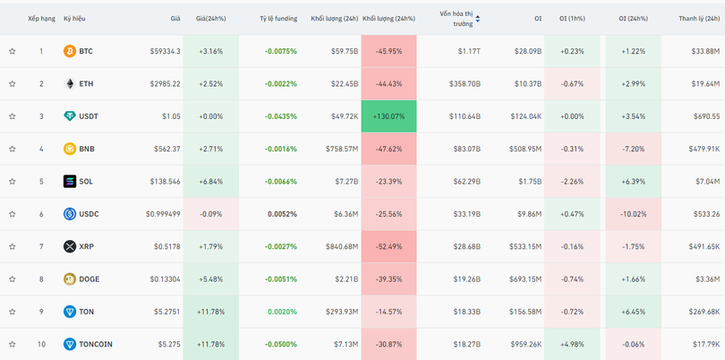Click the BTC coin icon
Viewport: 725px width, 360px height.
[x=70, y=51]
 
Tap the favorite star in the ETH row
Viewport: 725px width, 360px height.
[x=13, y=84]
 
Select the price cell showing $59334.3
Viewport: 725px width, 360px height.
[x=165, y=51]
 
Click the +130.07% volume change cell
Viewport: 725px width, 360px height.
[x=389, y=116]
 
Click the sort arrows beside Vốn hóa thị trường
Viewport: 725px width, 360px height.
[x=478, y=18]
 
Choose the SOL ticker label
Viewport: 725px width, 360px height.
[x=86, y=182]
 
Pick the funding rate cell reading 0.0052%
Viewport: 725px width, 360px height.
[x=282, y=214]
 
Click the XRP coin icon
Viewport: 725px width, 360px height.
[x=70, y=246]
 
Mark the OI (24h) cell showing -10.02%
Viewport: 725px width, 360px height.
[x=632, y=214]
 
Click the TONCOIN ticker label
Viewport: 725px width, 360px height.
[x=96, y=344]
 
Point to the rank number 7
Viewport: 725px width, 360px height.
[x=40, y=246]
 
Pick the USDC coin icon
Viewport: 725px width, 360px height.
[x=70, y=214]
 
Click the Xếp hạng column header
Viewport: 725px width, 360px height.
[x=41, y=18]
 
